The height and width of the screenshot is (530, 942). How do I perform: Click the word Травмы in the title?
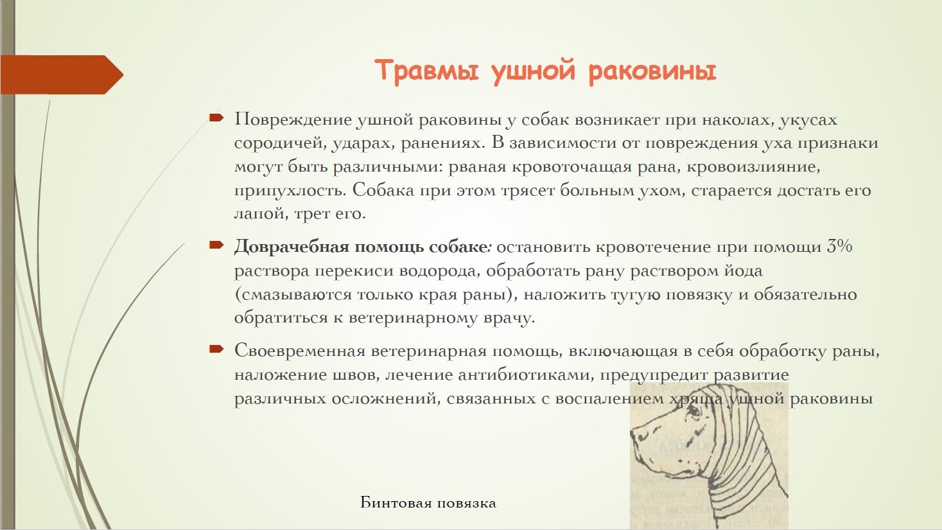(x=426, y=71)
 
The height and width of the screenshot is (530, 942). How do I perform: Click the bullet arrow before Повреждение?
(x=216, y=118)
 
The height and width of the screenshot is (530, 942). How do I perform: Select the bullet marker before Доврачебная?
(x=216, y=245)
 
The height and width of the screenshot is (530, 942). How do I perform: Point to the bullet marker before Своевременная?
(x=216, y=349)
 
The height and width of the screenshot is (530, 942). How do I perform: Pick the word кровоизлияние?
(x=753, y=167)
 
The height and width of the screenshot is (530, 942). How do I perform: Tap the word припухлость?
(x=290, y=191)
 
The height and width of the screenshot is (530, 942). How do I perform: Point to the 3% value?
(x=839, y=246)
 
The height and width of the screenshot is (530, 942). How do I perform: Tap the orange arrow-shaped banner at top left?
(x=62, y=75)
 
